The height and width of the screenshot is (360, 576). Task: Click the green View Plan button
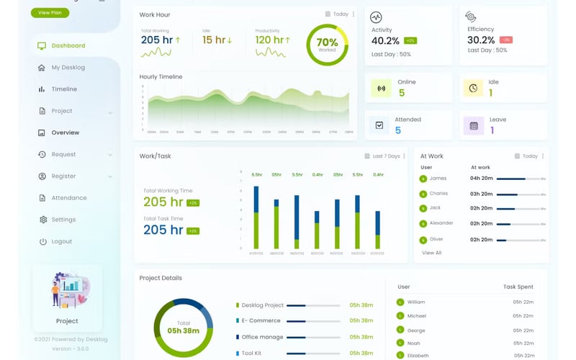50,12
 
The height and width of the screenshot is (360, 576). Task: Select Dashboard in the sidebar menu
68,45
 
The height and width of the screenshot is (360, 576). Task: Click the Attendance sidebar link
68,198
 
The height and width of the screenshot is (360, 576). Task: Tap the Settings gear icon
42,220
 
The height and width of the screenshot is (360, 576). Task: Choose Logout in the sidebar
61,241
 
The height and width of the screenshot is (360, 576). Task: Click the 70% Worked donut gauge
327,45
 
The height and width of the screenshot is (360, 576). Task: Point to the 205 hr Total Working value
157,40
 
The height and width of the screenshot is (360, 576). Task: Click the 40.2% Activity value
385,40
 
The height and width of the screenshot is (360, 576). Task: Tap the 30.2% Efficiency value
481,40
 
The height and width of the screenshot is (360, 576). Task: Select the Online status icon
381,88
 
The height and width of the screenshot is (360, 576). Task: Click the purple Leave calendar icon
473,126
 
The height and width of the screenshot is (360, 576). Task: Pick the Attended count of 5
398,130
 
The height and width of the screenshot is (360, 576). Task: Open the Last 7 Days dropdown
385,156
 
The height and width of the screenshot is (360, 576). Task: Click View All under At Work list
431,253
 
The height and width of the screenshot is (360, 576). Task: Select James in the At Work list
438,179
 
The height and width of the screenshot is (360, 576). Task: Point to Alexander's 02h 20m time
481,224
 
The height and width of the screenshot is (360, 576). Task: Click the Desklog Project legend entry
262,305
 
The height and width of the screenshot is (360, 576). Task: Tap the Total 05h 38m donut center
183,328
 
